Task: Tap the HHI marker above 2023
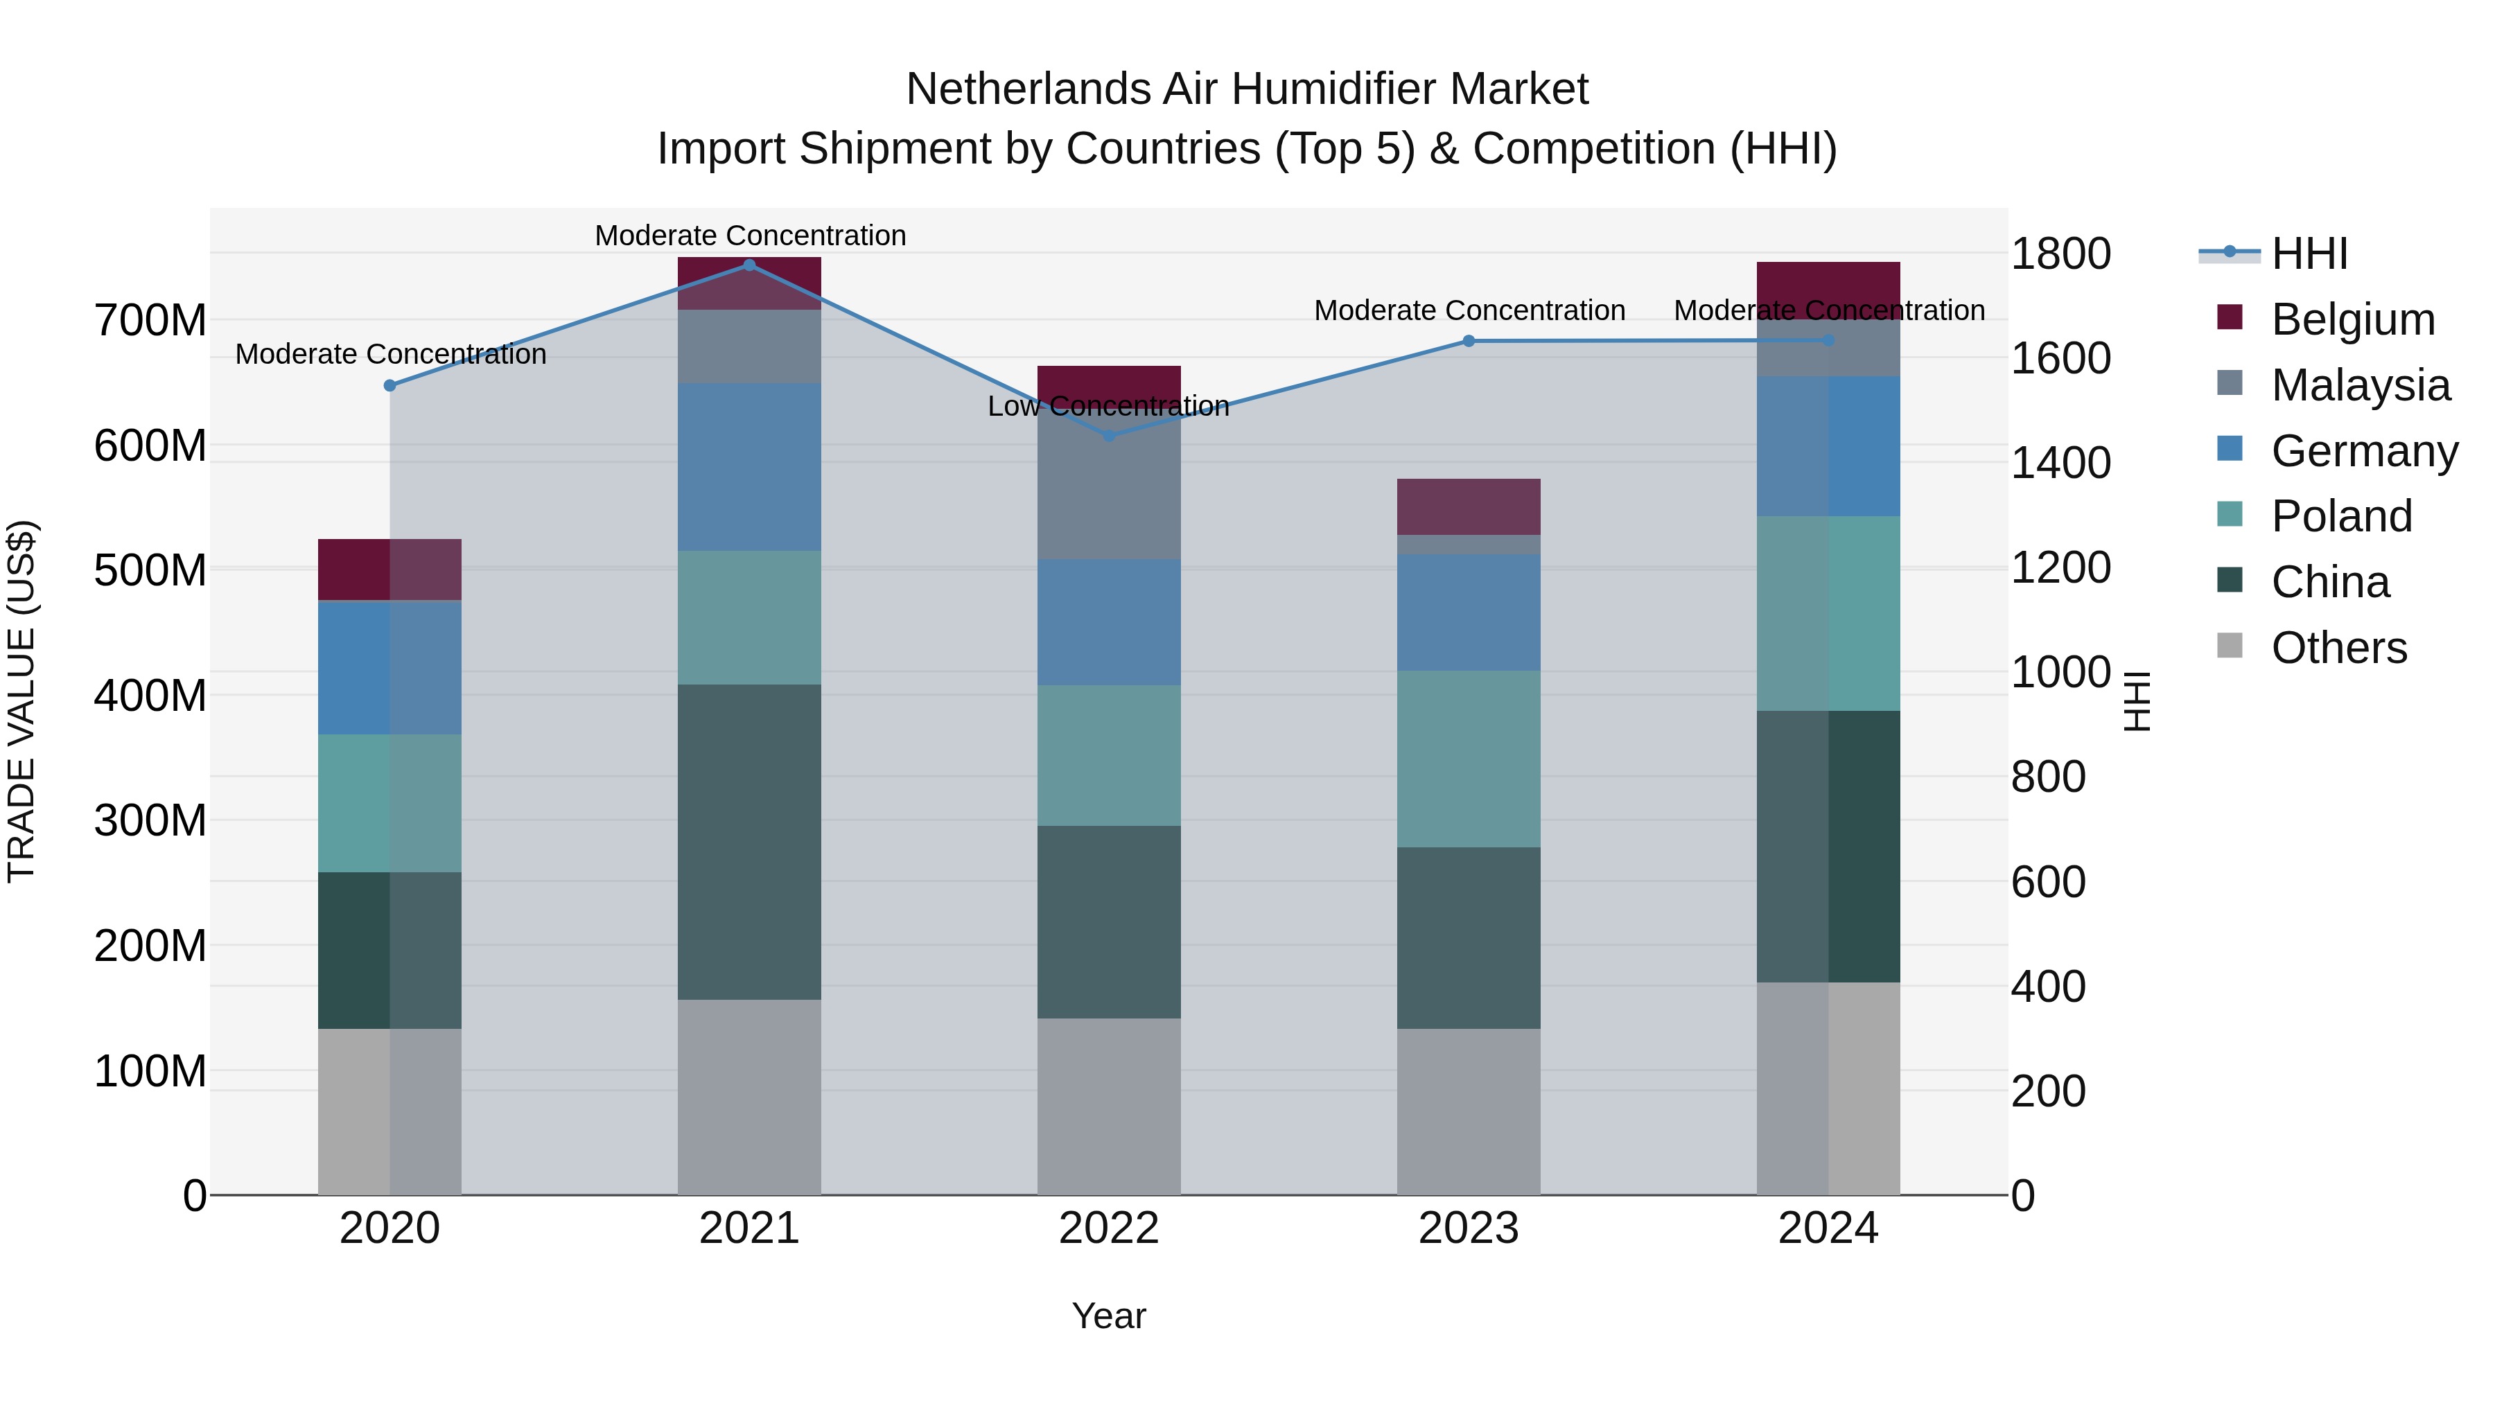coord(1469,341)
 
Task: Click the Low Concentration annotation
coord(1108,406)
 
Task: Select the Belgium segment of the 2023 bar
coord(1469,506)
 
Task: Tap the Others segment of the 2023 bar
coord(1469,1111)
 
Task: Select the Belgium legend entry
coord(2352,319)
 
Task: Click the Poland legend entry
coord(2341,516)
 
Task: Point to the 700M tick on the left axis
coord(150,321)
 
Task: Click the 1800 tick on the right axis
coord(2060,254)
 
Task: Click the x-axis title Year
coord(1108,1316)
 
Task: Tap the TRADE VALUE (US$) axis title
coord(21,701)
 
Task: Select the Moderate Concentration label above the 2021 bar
coord(750,236)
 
